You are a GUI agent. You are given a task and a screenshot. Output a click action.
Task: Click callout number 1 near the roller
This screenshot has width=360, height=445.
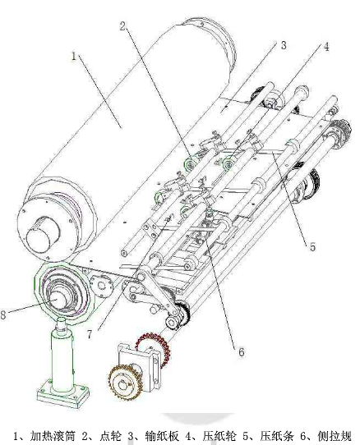coord(74,56)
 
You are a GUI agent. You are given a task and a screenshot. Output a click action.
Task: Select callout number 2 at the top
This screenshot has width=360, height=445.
coord(122,26)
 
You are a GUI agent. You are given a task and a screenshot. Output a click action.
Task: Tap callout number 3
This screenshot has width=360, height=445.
coord(284,45)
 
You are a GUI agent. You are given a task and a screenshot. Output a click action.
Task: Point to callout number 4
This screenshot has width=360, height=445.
coord(327,47)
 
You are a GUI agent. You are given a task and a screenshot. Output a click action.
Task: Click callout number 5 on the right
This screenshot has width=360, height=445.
coord(312,247)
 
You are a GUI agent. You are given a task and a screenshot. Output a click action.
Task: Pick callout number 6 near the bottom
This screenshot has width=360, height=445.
coord(241,352)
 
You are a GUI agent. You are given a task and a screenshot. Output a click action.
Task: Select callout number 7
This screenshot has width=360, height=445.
coord(90,334)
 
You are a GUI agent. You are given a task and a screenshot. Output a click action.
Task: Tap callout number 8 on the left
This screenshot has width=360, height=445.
coord(3,314)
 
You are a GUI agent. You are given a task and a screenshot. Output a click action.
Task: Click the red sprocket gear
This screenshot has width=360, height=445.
coord(154,350)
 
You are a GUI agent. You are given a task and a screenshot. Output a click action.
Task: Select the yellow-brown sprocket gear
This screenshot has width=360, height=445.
coord(125,383)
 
